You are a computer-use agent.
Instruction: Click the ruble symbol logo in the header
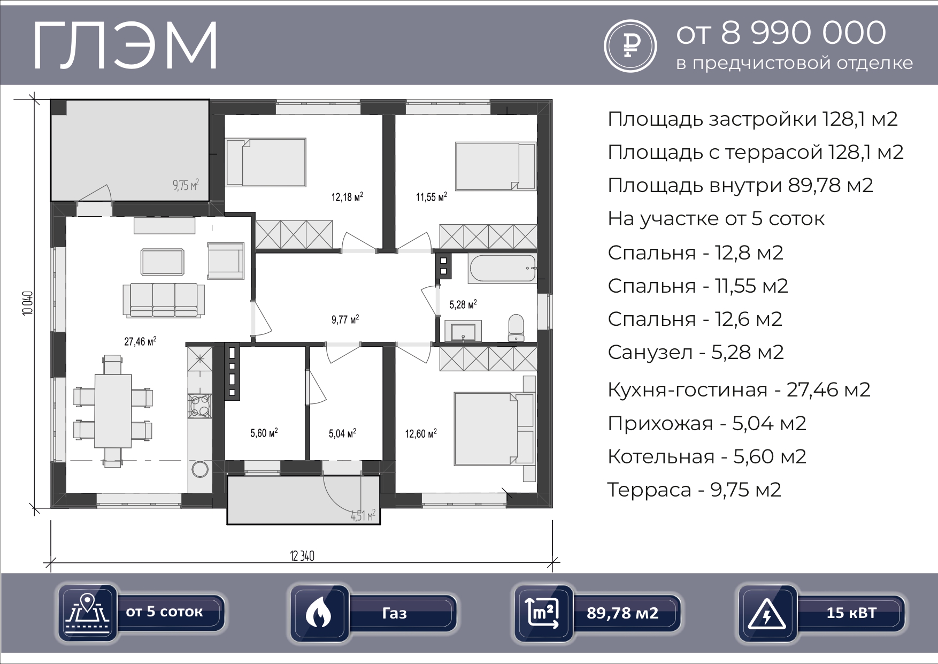pyautogui.click(x=631, y=45)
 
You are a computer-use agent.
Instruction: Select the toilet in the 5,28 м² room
pyautogui.click(x=516, y=327)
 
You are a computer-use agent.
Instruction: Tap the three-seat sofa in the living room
pyautogui.click(x=163, y=300)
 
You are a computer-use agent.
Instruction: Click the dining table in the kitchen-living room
pyautogui.click(x=113, y=410)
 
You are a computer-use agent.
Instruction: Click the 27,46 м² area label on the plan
pyautogui.click(x=140, y=341)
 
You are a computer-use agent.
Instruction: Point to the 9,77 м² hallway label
pyautogui.click(x=345, y=320)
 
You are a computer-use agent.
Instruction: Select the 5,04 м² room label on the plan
pyautogui.click(x=343, y=433)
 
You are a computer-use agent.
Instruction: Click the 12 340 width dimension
pyautogui.click(x=302, y=556)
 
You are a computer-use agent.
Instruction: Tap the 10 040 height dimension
pyautogui.click(x=28, y=303)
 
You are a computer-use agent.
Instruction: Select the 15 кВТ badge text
pyautogui.click(x=851, y=613)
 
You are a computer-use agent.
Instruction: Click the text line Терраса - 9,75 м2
pyautogui.click(x=694, y=490)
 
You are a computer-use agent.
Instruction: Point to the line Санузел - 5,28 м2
pyautogui.click(x=696, y=352)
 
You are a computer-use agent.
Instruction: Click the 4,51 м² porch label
pyautogui.click(x=363, y=516)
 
